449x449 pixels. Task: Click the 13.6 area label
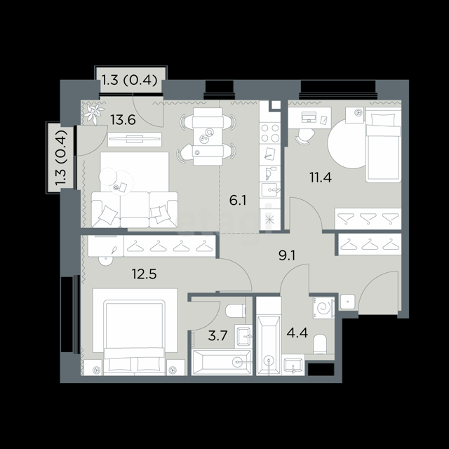pyautogui.click(x=123, y=120)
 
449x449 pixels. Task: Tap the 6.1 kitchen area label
pyautogui.click(x=238, y=201)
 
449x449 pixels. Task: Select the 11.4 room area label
pyautogui.click(x=321, y=177)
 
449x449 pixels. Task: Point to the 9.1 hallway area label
pyautogui.click(x=287, y=255)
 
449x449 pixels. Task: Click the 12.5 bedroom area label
pyautogui.click(x=144, y=274)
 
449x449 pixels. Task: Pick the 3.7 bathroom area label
pyautogui.click(x=217, y=335)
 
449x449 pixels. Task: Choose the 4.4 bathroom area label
pyautogui.click(x=297, y=333)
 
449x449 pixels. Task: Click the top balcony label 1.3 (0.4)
pyautogui.click(x=129, y=80)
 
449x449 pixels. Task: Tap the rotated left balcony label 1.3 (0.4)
pyautogui.click(x=61, y=158)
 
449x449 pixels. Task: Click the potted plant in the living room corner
pyautogui.click(x=93, y=114)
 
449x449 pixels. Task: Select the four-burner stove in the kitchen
pyautogui.click(x=270, y=133)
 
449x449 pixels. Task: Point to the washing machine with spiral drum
pyautogui.click(x=324, y=308)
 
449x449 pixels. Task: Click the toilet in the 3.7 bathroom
pyautogui.click(x=236, y=311)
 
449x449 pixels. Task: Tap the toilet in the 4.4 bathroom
pyautogui.click(x=320, y=344)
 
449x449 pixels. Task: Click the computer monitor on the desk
pyautogui.click(x=309, y=117)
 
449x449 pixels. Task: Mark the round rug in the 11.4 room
pyautogui.click(x=347, y=144)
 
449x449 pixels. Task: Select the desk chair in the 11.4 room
pyautogui.click(x=304, y=136)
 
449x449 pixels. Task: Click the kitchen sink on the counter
pyautogui.click(x=270, y=190)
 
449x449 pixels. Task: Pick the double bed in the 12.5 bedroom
pyautogui.click(x=135, y=332)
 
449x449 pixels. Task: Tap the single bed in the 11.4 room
pyautogui.click(x=383, y=145)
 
